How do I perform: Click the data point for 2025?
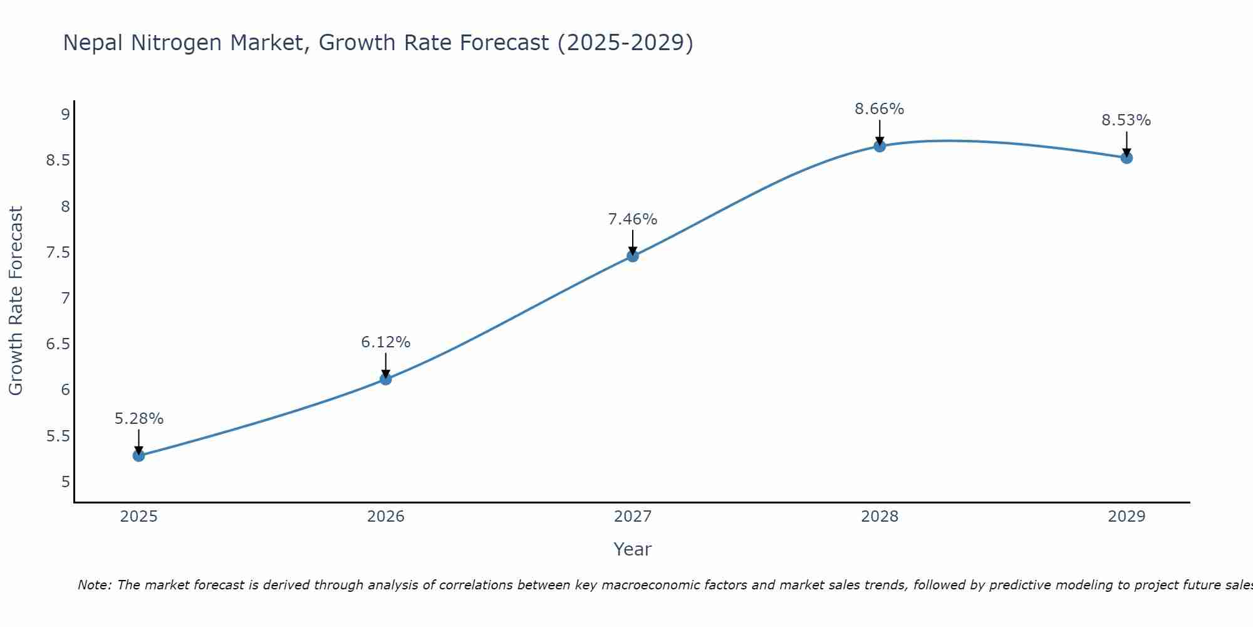[139, 456]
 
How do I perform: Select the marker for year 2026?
[386, 379]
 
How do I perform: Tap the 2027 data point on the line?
[633, 256]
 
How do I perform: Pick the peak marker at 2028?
[880, 146]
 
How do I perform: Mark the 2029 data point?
[1126, 158]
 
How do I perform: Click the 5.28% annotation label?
[139, 419]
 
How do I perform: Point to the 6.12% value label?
[386, 342]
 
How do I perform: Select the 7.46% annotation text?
[633, 219]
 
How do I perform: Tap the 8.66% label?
[880, 109]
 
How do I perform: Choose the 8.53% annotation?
[1126, 120]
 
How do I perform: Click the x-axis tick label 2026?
[386, 517]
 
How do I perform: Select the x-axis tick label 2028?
[880, 517]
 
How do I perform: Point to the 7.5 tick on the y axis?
[58, 253]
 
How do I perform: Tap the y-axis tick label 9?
[65, 114]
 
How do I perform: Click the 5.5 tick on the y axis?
[58, 436]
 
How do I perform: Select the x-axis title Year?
[633, 549]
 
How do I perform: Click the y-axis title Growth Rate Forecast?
[16, 301]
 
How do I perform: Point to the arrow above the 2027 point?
[633, 241]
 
